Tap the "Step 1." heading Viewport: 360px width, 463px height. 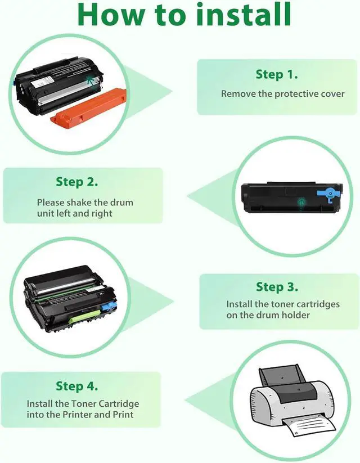pyautogui.click(x=277, y=74)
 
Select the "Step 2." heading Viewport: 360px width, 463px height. pyautogui.click(x=77, y=182)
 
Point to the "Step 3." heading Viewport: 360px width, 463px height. pyautogui.click(x=277, y=287)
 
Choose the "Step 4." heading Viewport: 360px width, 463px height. pyautogui.click(x=77, y=386)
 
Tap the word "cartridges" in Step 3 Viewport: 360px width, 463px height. pyautogui.click(x=318, y=304)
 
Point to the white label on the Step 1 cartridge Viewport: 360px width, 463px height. pyautogui.click(x=43, y=81)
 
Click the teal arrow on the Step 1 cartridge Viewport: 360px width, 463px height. pyautogui.click(x=92, y=80)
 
